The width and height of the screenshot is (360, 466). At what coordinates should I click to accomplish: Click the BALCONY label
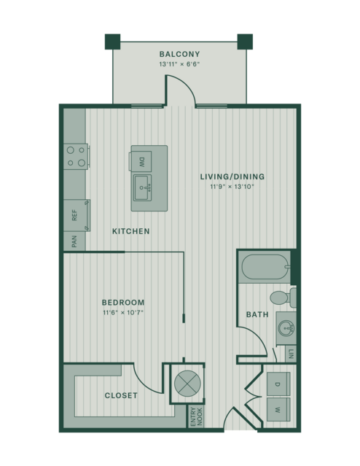point(179,54)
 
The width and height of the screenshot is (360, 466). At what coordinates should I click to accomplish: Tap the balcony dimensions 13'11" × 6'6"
point(179,64)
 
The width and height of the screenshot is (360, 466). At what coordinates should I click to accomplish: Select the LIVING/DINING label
point(232,176)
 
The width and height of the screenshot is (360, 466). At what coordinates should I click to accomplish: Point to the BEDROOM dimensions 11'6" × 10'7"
point(123,313)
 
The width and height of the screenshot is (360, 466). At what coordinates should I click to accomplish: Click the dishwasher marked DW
point(141,162)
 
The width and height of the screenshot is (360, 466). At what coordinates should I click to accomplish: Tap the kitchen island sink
point(143,188)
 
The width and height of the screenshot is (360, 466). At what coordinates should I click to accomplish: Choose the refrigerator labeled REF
point(77,215)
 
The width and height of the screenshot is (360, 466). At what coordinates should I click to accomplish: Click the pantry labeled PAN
point(74,241)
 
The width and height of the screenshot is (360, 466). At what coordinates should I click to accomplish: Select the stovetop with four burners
point(76,157)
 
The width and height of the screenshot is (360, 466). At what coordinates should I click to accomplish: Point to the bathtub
point(265,267)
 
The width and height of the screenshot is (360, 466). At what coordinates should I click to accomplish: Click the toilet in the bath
point(283,298)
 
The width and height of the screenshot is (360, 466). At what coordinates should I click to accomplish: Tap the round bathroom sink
point(286,328)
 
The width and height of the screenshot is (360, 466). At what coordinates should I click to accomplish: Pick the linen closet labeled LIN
point(291,354)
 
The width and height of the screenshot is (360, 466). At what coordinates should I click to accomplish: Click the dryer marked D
point(278,384)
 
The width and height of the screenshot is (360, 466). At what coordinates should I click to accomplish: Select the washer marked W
point(278,410)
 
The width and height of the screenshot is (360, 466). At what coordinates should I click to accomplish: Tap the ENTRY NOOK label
point(197,416)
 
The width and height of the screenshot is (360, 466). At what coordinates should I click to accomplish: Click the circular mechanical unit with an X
point(187,384)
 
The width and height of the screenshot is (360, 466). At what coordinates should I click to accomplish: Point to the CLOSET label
point(121,395)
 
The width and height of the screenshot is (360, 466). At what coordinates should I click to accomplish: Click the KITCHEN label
point(131,231)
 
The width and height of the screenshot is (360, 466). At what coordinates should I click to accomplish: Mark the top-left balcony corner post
point(112,42)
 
